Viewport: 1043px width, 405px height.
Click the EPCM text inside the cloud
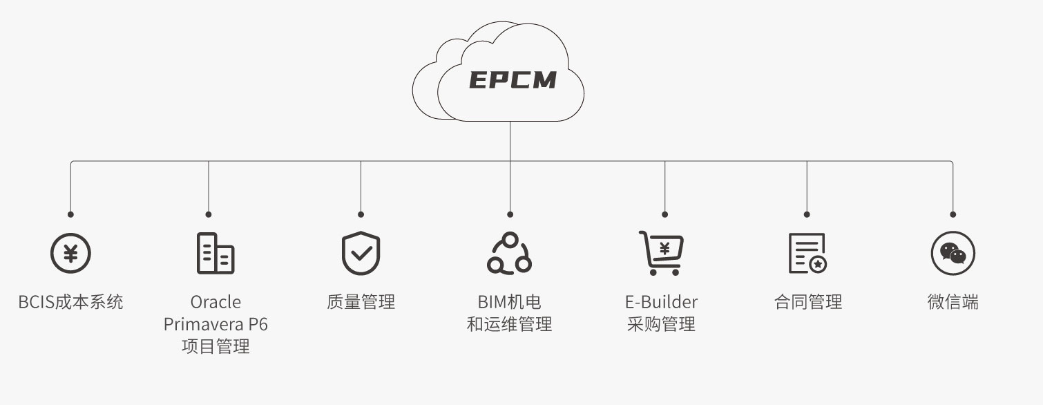click(513, 80)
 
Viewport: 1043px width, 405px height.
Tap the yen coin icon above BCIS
click(70, 253)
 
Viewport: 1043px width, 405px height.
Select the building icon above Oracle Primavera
click(215, 253)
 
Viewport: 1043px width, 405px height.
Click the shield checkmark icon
click(361, 253)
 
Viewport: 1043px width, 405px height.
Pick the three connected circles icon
click(509, 253)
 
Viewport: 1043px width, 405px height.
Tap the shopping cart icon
click(661, 253)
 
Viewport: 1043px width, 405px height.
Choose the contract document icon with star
click(807, 253)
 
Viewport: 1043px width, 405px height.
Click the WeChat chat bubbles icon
click(953, 253)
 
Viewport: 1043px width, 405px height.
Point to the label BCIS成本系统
click(70, 302)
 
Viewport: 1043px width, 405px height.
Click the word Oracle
click(216, 302)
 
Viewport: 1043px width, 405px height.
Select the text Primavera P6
click(216, 324)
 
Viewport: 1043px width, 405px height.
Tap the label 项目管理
click(216, 346)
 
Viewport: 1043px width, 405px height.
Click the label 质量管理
click(361, 302)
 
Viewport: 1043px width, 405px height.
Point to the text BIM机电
click(509, 302)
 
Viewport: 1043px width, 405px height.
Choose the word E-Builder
click(661, 302)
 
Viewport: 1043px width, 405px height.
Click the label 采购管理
click(661, 324)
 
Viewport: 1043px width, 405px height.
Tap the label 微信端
click(953, 302)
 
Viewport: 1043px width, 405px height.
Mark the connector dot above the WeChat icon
click(953, 214)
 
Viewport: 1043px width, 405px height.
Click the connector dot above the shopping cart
click(664, 214)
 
